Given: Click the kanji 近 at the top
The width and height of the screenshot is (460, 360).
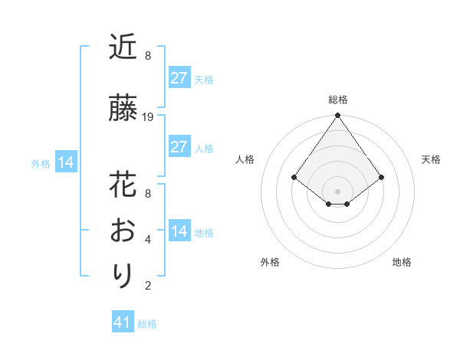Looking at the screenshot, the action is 123,47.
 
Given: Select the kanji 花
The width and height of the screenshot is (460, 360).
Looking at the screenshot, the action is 123,185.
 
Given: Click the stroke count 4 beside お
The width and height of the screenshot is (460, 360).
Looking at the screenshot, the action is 148,240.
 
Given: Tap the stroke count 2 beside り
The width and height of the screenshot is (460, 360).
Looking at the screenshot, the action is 148,286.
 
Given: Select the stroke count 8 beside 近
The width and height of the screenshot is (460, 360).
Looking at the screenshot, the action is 148,56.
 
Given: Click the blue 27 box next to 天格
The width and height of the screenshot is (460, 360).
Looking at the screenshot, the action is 179,77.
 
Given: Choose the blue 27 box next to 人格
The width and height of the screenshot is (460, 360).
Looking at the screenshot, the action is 179,146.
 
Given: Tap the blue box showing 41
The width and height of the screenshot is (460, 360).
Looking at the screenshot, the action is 123,322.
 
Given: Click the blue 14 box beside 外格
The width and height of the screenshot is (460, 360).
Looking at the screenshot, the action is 66,162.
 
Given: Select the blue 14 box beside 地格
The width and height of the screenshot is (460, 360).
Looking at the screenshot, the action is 179,231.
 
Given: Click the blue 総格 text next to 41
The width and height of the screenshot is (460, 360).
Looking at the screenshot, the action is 147,324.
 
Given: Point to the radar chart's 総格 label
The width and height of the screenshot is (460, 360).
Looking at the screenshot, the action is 338,100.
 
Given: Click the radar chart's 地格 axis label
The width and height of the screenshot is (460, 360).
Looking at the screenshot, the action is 402,262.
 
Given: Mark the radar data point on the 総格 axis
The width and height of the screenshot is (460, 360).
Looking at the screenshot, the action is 338,116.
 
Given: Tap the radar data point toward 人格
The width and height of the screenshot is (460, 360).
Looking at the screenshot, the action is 294,177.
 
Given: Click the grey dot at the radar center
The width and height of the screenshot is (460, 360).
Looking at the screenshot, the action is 338,191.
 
